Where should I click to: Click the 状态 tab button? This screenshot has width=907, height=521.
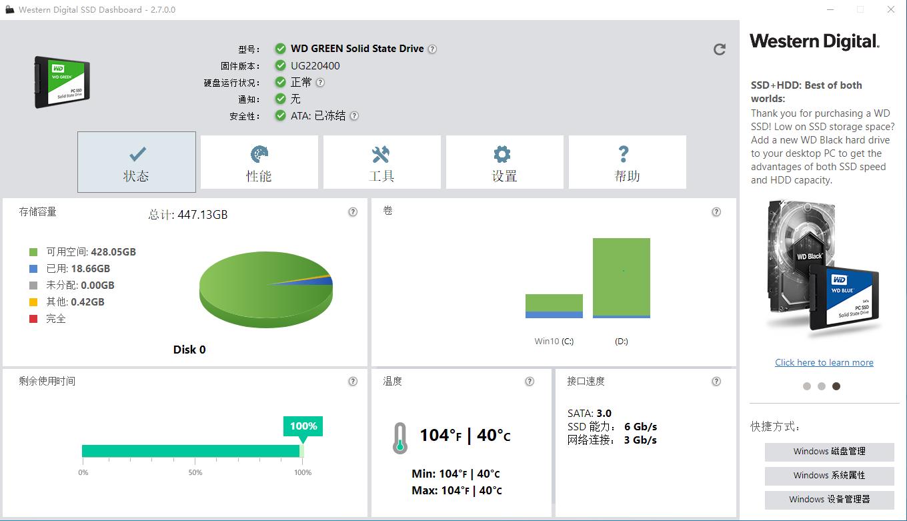click(137, 162)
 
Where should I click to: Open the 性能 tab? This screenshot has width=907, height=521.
click(259, 162)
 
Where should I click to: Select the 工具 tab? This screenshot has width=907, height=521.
click(381, 162)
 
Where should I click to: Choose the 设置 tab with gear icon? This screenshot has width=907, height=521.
click(504, 162)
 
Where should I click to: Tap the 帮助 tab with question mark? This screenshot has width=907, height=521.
click(627, 162)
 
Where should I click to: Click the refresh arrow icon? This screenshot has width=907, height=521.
click(720, 49)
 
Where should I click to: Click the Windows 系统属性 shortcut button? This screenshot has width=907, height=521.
click(829, 476)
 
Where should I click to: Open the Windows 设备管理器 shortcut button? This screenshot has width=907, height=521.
click(829, 500)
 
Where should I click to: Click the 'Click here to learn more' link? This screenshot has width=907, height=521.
click(824, 363)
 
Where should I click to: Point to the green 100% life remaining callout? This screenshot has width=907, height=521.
click(303, 426)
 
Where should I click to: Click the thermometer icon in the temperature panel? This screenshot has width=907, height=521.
click(399, 438)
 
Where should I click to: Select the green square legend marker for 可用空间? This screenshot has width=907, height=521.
click(33, 252)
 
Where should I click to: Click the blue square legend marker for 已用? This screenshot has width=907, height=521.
click(33, 269)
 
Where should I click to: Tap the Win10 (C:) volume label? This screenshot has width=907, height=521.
click(554, 342)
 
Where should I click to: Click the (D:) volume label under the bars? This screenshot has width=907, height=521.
click(621, 342)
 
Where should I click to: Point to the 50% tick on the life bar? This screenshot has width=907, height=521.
click(195, 472)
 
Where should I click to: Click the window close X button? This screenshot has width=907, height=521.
click(891, 9)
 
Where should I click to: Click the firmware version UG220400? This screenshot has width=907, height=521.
click(315, 66)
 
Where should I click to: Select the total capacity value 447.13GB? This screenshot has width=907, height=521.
click(203, 215)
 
